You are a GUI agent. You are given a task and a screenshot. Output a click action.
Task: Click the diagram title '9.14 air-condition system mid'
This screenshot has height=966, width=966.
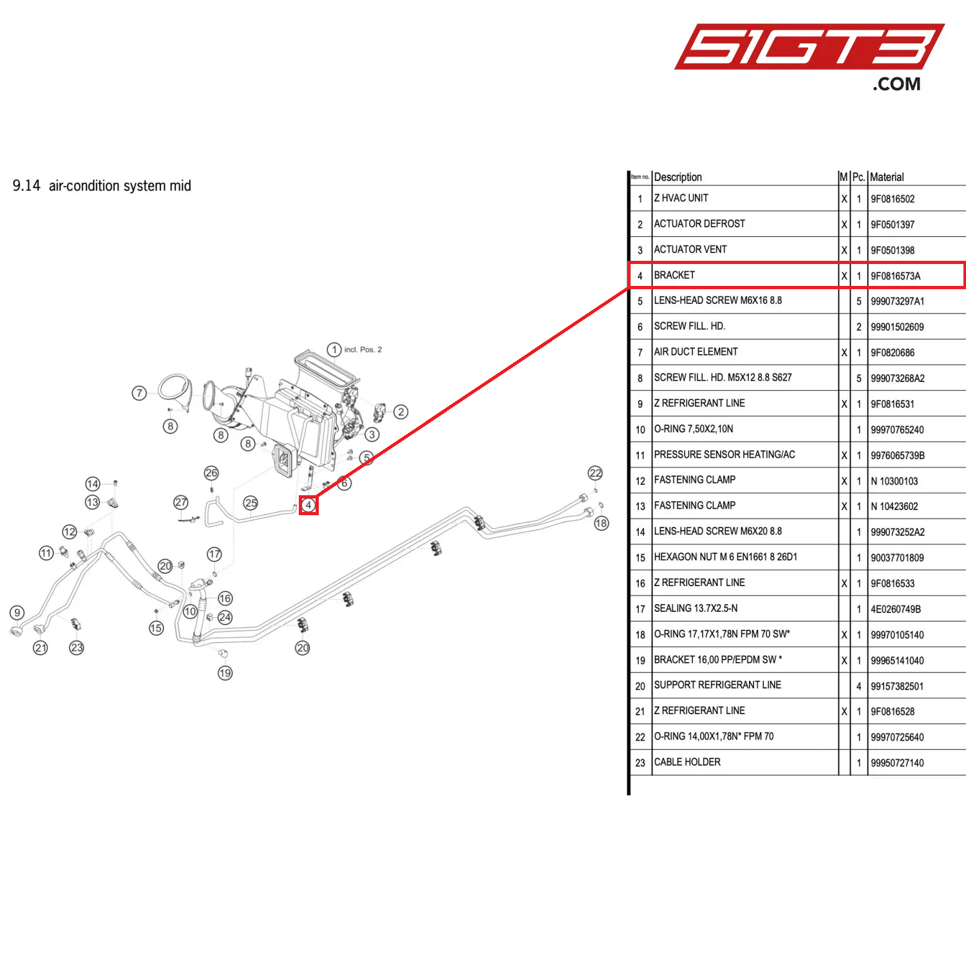(x=102, y=186)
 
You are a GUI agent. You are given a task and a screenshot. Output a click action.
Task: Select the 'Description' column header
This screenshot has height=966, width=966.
(x=677, y=177)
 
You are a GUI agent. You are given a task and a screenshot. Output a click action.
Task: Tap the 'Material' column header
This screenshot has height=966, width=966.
(x=887, y=177)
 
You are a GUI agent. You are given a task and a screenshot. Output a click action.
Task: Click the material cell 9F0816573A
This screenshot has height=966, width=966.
(x=895, y=276)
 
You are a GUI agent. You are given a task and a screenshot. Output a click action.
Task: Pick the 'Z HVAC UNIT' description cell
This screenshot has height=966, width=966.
(x=681, y=198)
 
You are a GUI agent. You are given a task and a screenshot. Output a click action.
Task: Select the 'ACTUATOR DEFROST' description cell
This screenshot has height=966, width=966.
(x=699, y=224)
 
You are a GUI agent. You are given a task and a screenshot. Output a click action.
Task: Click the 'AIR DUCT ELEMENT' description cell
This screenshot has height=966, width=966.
(x=696, y=352)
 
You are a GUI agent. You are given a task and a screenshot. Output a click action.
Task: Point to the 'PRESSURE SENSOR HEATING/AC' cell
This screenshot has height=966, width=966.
(x=724, y=455)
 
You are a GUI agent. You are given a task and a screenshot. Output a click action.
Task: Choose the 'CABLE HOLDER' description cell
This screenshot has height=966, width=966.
(x=687, y=762)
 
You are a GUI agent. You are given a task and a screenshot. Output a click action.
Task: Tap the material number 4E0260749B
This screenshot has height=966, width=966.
(x=895, y=609)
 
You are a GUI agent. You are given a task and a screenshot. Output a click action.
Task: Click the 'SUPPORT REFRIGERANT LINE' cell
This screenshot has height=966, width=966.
(x=717, y=685)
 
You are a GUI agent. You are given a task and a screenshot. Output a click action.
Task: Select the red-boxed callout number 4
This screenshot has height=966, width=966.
(x=308, y=505)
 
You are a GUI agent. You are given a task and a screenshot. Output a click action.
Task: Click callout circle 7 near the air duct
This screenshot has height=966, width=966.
(x=139, y=393)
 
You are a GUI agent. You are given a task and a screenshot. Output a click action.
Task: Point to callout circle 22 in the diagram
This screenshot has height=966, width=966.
(x=595, y=473)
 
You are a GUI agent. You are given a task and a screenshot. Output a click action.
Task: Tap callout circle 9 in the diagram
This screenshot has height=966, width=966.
(x=17, y=612)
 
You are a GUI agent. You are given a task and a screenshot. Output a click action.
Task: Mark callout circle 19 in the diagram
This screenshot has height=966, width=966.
(x=225, y=673)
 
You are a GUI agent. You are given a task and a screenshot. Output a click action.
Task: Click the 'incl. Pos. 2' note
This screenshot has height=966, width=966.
(x=363, y=350)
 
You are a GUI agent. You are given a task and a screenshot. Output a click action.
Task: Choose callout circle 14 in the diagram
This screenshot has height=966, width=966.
(x=93, y=484)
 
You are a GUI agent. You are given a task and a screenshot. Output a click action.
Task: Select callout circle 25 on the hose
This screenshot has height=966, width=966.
(x=251, y=503)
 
